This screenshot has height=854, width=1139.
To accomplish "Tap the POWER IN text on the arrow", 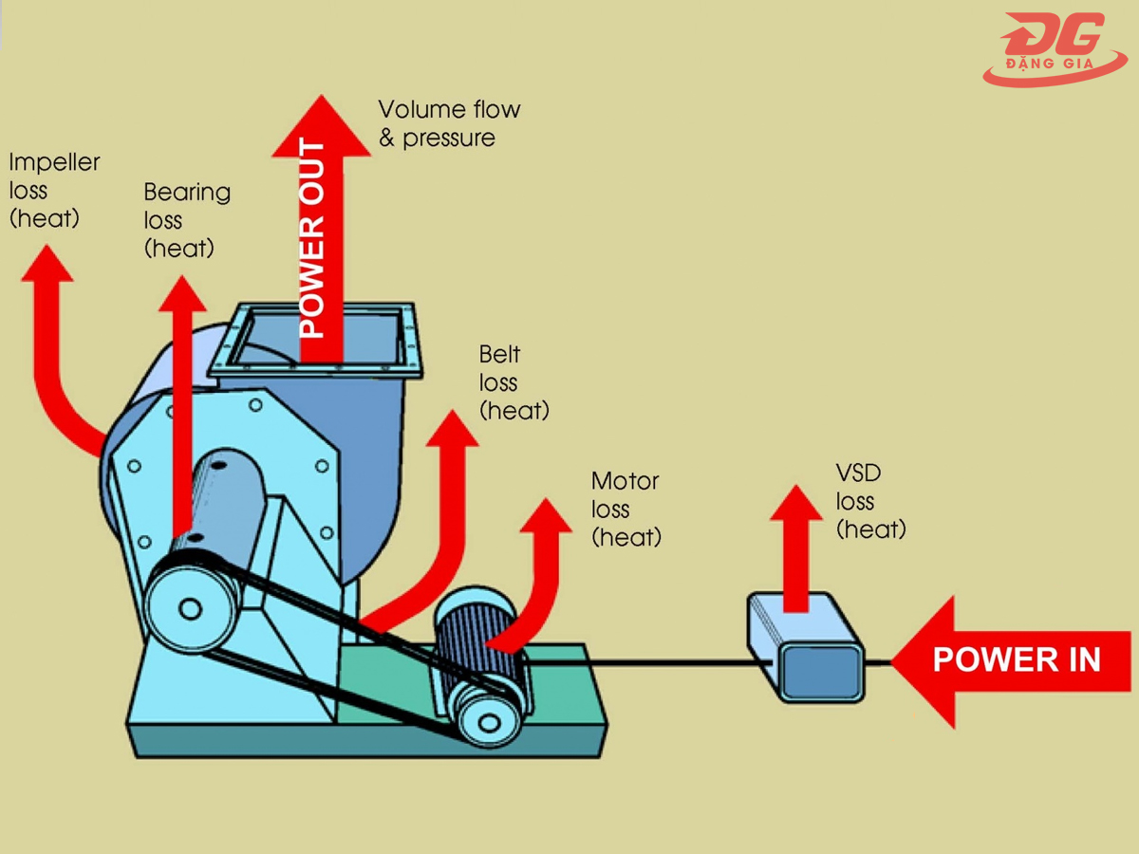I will click(x=1016, y=659).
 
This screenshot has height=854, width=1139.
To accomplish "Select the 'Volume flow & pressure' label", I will click(x=449, y=123).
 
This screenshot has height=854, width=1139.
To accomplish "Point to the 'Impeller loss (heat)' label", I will click(x=54, y=191).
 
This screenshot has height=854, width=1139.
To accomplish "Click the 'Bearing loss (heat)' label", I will click(x=186, y=220).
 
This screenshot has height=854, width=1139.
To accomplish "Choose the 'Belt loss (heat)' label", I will click(x=513, y=382).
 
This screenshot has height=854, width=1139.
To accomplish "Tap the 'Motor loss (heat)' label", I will click(x=625, y=509).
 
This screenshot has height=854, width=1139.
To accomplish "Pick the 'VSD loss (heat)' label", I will click(x=869, y=501).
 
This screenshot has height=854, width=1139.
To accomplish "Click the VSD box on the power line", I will click(x=806, y=646).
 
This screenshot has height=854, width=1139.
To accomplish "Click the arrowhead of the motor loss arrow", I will click(x=546, y=517).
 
